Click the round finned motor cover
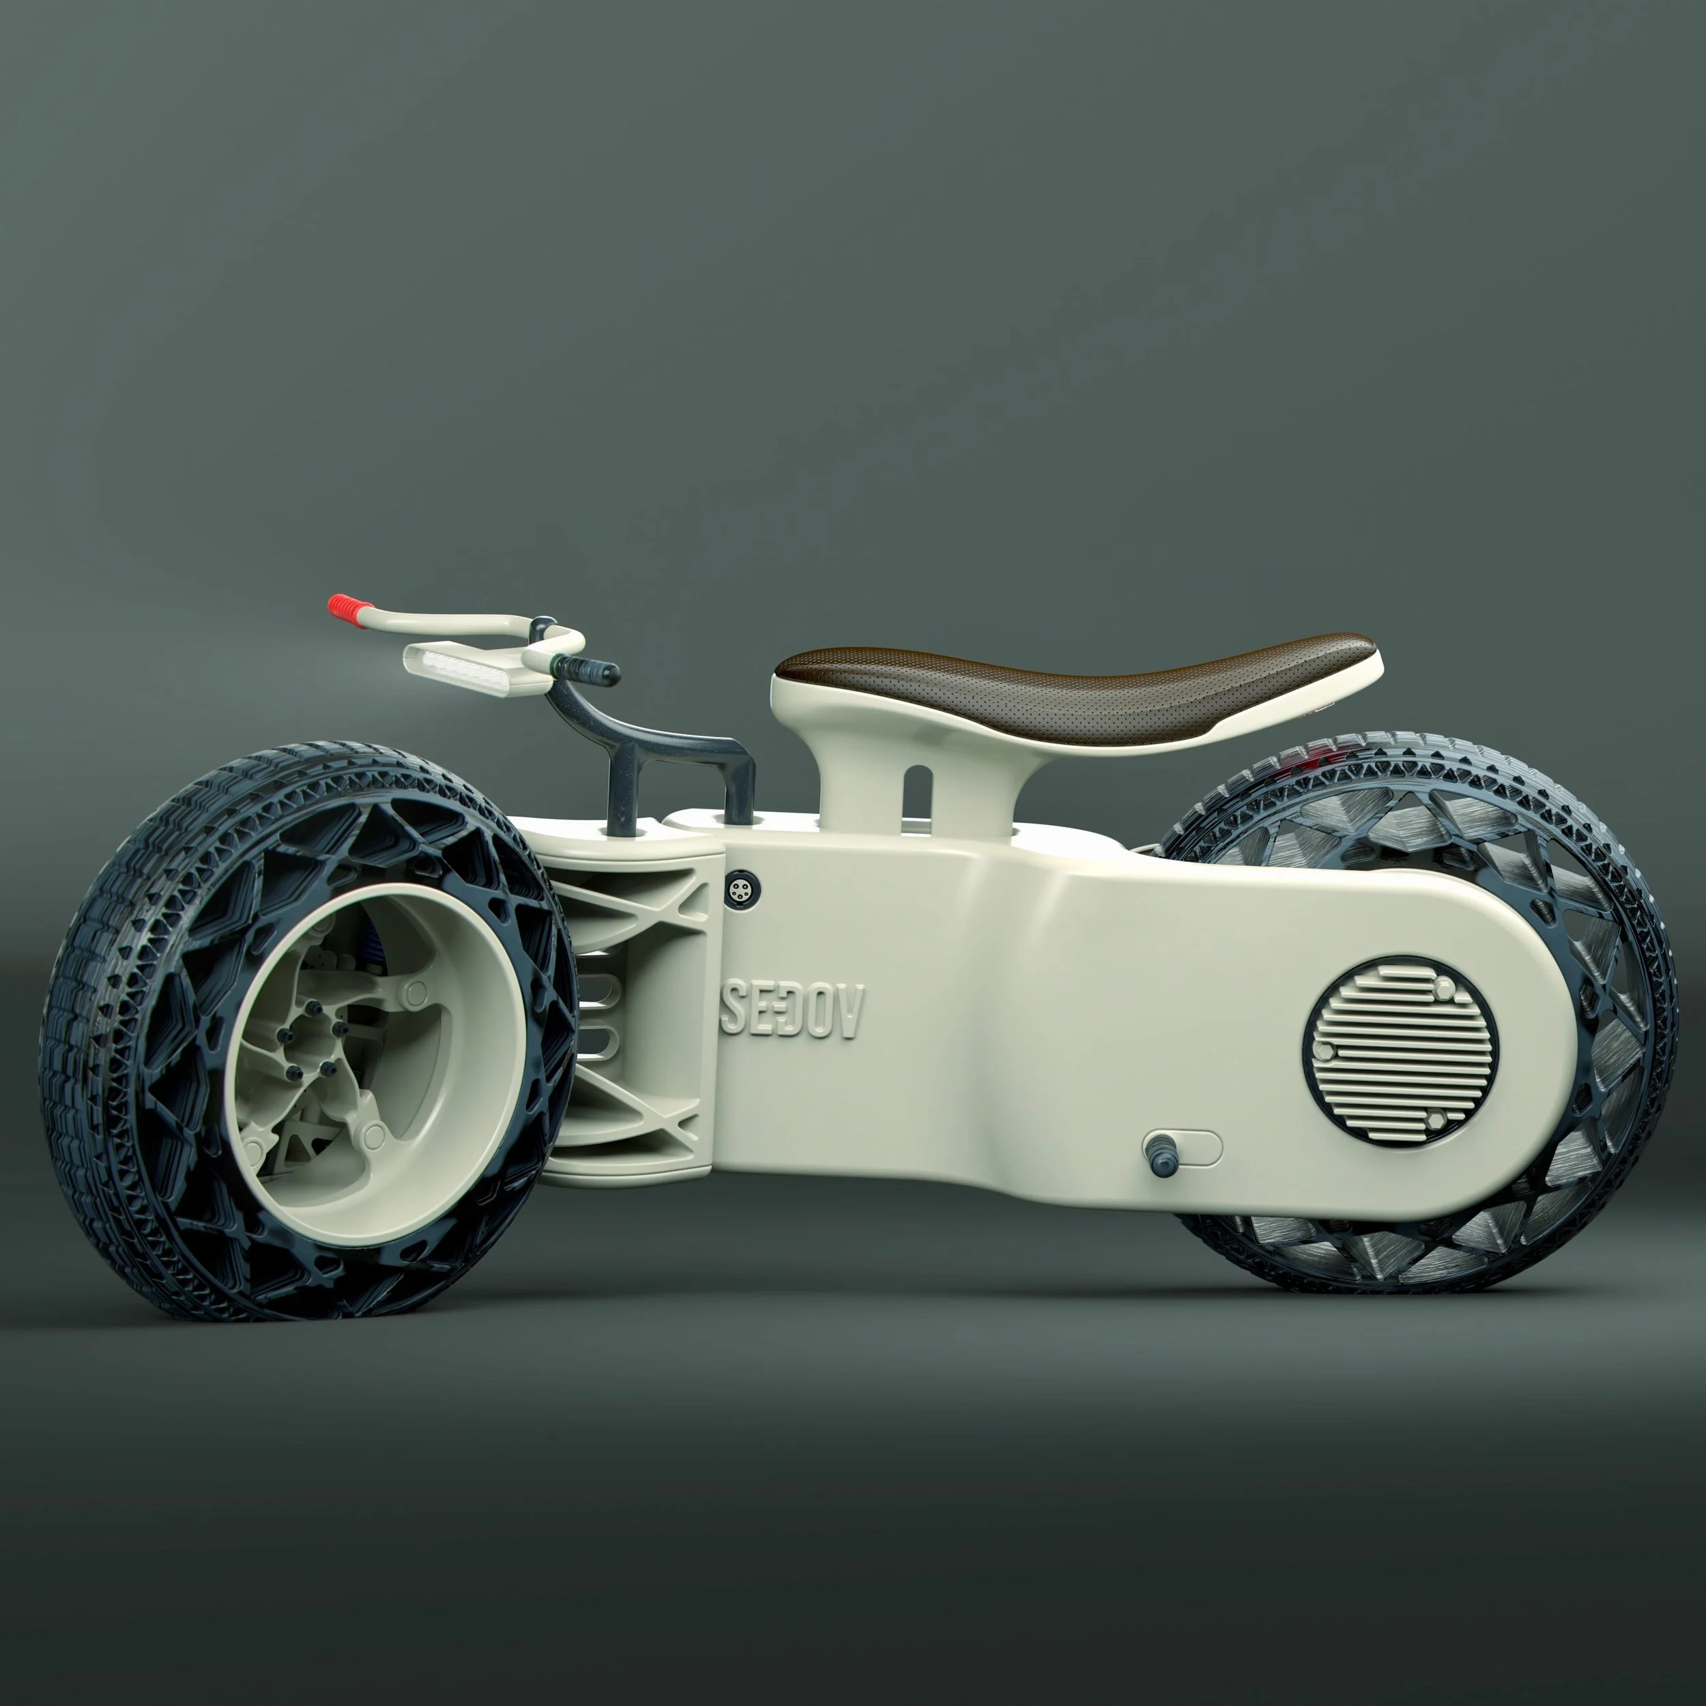point(1399,1051)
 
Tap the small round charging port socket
point(736,889)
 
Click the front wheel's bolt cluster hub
point(308,1052)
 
